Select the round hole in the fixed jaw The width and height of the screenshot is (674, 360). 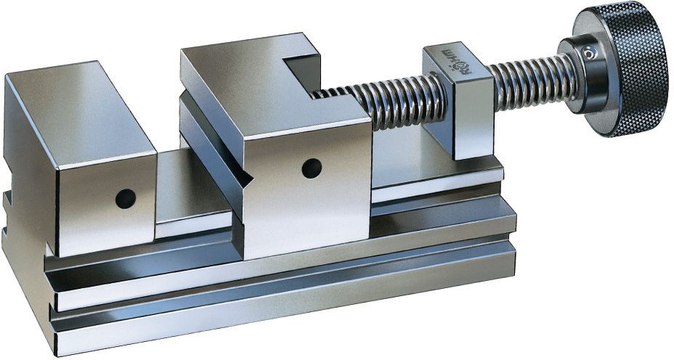(126, 195)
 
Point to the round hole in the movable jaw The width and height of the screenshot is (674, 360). (311, 167)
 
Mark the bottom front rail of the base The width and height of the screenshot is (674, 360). (291, 319)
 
